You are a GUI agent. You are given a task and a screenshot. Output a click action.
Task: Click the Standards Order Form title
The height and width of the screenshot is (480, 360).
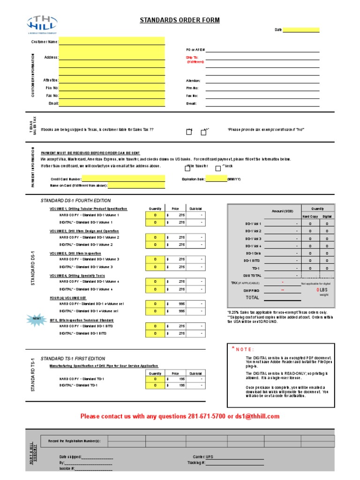tap(180, 20)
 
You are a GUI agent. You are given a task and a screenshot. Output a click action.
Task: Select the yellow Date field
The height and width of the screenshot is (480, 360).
tap(301, 30)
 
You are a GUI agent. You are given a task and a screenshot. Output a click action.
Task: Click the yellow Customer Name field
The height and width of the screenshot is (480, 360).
tap(112, 41)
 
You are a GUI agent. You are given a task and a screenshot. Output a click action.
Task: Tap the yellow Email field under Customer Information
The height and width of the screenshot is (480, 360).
tap(112, 103)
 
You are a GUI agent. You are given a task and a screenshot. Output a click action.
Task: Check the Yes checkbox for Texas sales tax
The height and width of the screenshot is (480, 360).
tap(189, 132)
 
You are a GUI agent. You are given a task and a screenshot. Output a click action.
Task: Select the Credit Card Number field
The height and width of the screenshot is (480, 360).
tap(124, 179)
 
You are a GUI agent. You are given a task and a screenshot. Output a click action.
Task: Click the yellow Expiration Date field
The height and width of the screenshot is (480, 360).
tap(216, 179)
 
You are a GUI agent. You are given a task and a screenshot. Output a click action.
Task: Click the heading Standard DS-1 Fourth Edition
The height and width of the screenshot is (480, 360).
tap(75, 201)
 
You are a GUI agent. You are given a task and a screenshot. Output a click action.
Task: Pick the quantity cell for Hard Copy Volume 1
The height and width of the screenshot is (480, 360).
tap(155, 215)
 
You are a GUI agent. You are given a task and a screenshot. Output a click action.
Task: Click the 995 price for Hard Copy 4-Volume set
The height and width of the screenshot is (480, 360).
tap(181, 303)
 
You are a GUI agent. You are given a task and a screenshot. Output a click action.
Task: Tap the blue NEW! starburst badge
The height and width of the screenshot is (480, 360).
tap(37, 319)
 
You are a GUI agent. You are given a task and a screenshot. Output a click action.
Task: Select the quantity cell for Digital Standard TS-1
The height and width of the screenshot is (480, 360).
tap(155, 385)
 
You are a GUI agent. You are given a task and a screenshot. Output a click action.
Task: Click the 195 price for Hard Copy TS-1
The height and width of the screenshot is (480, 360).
tap(181, 378)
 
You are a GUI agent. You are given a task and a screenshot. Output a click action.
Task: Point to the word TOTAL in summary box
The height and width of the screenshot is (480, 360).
tap(252, 298)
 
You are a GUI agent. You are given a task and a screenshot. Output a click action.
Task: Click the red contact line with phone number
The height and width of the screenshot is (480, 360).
tap(180, 416)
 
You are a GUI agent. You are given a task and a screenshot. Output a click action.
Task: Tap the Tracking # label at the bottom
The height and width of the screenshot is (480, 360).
tap(196, 463)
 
